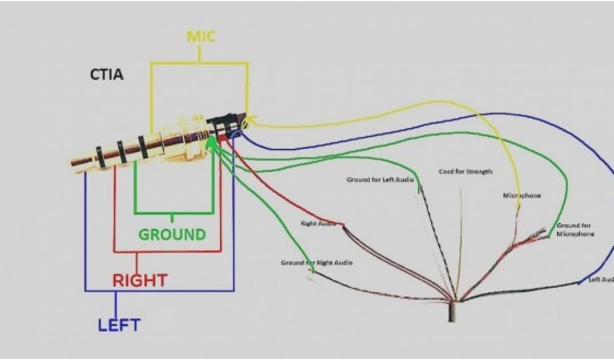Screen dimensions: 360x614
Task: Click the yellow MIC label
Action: pyautogui.click(x=201, y=36)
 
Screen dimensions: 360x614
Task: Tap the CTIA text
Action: pyautogui.click(x=107, y=76)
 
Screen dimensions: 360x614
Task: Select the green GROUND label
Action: pyautogui.click(x=172, y=234)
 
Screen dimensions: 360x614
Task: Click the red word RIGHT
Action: pyautogui.click(x=140, y=280)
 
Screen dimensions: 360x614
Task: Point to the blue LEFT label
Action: pyautogui.click(x=119, y=325)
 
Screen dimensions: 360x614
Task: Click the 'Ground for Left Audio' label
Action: pyautogui.click(x=380, y=179)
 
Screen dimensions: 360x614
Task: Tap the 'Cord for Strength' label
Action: pyautogui.click(x=465, y=172)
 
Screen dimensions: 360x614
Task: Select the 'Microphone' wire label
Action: pyautogui.click(x=522, y=196)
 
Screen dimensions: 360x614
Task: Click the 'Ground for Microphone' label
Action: pyautogui.click(x=574, y=230)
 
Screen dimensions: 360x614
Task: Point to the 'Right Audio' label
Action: pyautogui.click(x=318, y=223)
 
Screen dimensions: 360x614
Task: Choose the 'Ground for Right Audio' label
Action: pyautogui.click(x=317, y=263)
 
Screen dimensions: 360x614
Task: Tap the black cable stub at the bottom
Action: pyautogui.click(x=453, y=312)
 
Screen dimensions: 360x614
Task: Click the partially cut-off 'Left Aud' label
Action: pyautogui.click(x=601, y=280)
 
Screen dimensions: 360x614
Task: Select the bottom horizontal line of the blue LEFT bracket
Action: pyautogui.click(x=159, y=291)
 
